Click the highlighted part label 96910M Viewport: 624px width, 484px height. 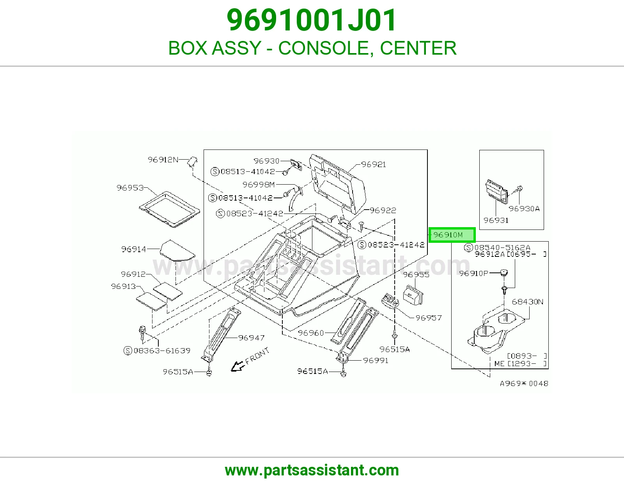452,235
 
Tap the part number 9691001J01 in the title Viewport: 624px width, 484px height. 312,20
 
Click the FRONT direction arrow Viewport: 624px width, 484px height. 238,367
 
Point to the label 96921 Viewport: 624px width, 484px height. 374,164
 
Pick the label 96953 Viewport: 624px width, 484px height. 130,188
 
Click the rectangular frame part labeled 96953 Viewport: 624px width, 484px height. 169,209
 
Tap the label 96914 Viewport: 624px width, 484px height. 133,249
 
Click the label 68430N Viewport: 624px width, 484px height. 528,302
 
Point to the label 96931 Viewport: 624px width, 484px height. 496,221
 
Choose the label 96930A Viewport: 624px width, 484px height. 524,209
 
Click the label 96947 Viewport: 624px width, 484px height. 251,338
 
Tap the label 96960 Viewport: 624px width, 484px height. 311,333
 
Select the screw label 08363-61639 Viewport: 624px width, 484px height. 157,351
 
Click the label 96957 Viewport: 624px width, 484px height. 429,318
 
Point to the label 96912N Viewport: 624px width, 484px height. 163,160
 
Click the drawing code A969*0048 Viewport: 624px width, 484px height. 524,383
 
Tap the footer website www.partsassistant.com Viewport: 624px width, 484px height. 312,470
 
